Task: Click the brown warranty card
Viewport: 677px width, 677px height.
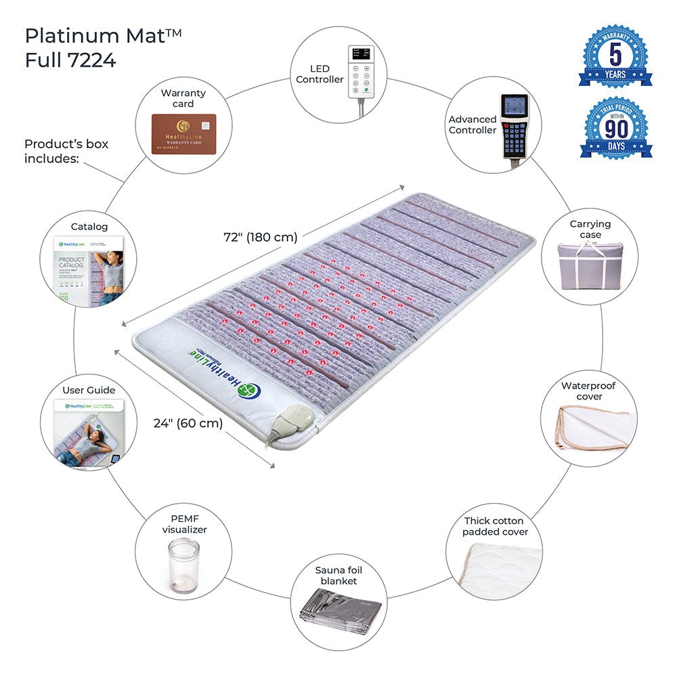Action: [183, 134]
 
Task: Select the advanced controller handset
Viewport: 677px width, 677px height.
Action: [514, 127]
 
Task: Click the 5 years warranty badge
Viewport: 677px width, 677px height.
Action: [615, 57]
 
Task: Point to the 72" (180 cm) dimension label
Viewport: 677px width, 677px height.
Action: [260, 238]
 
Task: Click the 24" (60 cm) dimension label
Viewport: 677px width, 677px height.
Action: [188, 423]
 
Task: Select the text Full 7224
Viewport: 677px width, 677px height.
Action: [70, 60]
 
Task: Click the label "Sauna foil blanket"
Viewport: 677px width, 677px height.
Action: [336, 575]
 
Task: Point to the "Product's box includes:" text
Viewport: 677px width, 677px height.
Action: [66, 151]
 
